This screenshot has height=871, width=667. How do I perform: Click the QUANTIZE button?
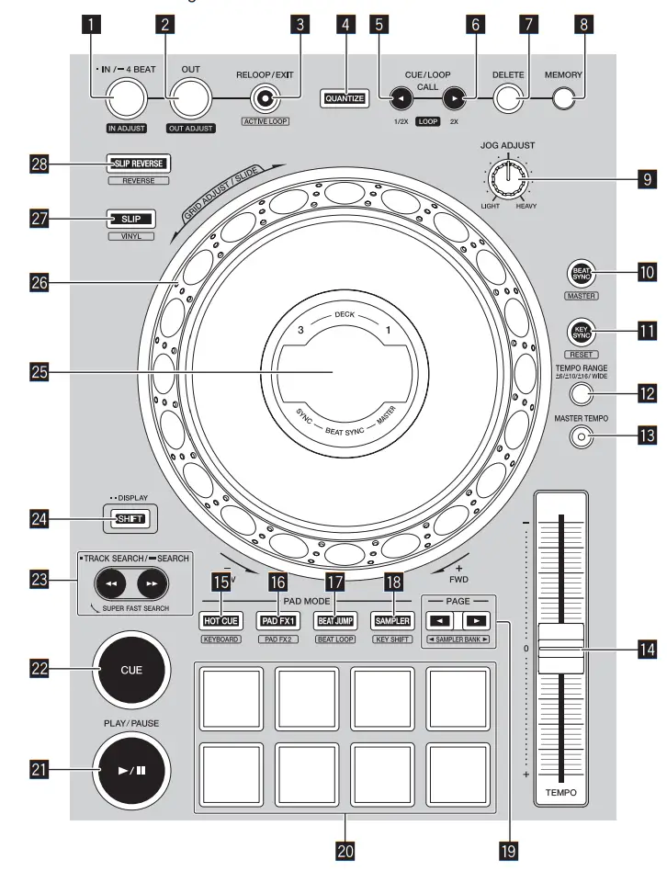point(344,97)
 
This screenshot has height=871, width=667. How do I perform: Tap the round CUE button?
point(130,670)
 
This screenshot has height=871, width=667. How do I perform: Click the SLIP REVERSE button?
point(138,164)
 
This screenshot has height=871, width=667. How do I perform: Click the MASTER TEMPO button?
point(580,436)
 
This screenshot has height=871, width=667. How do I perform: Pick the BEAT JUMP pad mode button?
point(334,620)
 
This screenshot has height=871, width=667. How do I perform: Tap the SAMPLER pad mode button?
point(390,620)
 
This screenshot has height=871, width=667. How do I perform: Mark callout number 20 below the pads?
point(345,850)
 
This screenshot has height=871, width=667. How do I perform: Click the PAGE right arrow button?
point(477,619)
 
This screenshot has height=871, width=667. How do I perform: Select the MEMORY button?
point(570,97)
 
